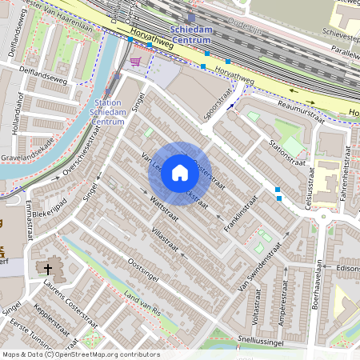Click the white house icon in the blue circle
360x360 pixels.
point(180,173)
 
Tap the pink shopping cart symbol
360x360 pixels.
point(135,61)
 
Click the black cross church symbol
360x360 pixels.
point(48,270)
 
